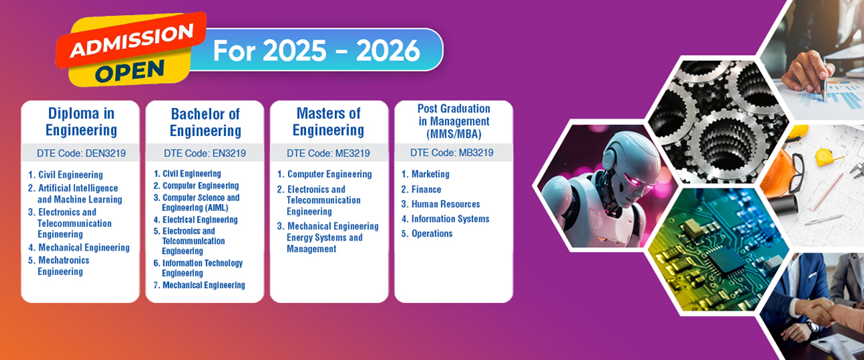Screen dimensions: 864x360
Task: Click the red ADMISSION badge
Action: (131, 40)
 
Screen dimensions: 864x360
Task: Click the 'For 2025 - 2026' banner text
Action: (316, 50)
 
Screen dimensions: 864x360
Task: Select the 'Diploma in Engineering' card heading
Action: (81, 122)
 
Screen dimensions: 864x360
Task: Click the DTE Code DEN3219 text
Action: (81, 153)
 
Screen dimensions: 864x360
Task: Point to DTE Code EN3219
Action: (204, 153)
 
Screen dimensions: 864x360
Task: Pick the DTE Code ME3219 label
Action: (328, 153)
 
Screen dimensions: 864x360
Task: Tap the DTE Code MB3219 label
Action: (451, 153)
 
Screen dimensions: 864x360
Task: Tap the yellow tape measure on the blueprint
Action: (825, 157)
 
